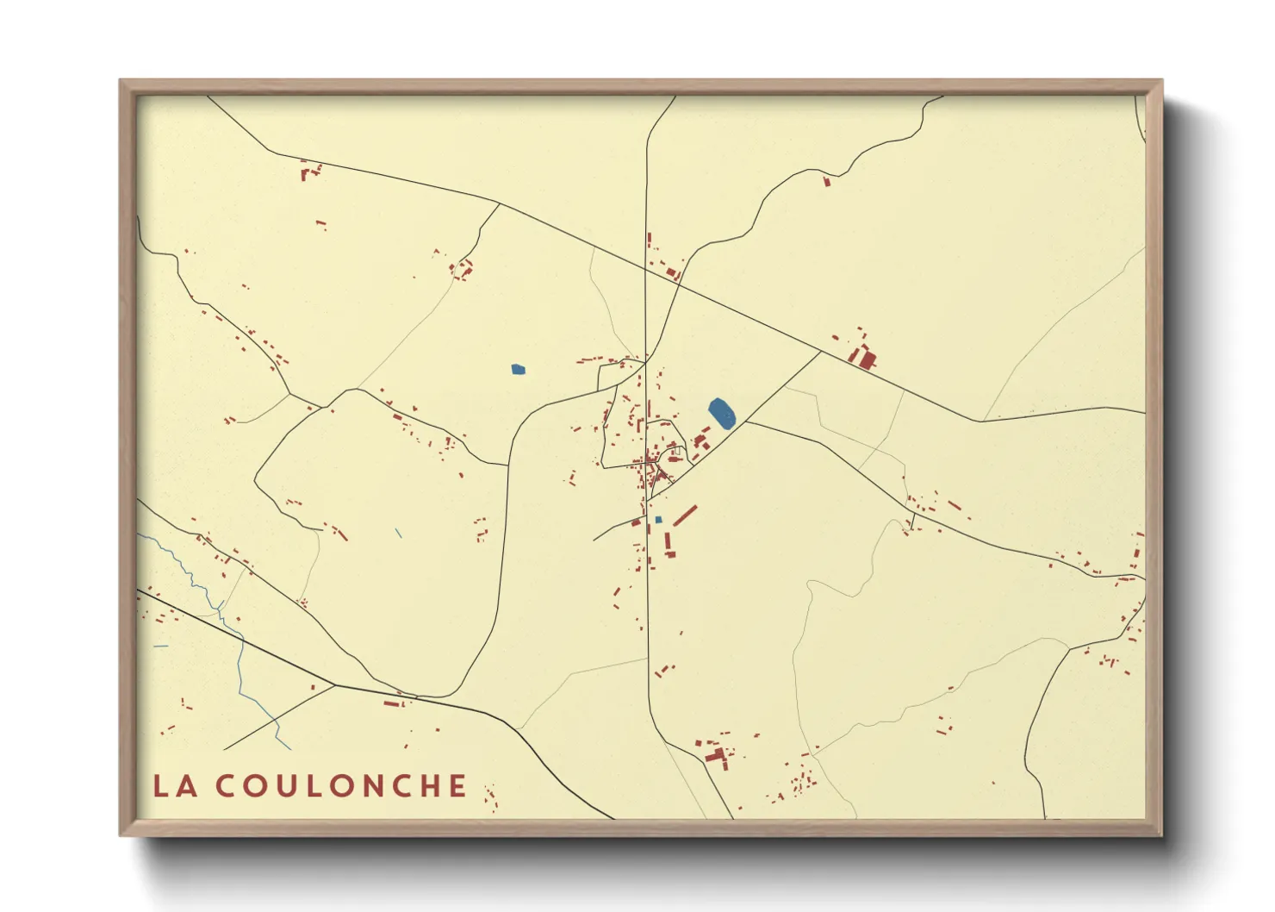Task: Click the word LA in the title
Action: [x=175, y=785]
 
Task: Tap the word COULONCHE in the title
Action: [x=341, y=785]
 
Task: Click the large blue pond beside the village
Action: [x=721, y=414]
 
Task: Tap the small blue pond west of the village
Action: [x=518, y=370]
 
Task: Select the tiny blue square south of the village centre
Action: [x=658, y=520]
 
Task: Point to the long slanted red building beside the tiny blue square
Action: [x=685, y=515]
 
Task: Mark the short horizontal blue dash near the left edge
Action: [x=160, y=646]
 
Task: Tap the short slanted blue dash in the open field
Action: [x=399, y=533]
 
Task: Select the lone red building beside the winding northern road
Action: [x=827, y=181]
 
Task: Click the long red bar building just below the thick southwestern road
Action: [x=392, y=704]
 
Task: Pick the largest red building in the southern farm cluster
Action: [x=714, y=756]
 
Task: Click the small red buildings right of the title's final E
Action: [x=491, y=797]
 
